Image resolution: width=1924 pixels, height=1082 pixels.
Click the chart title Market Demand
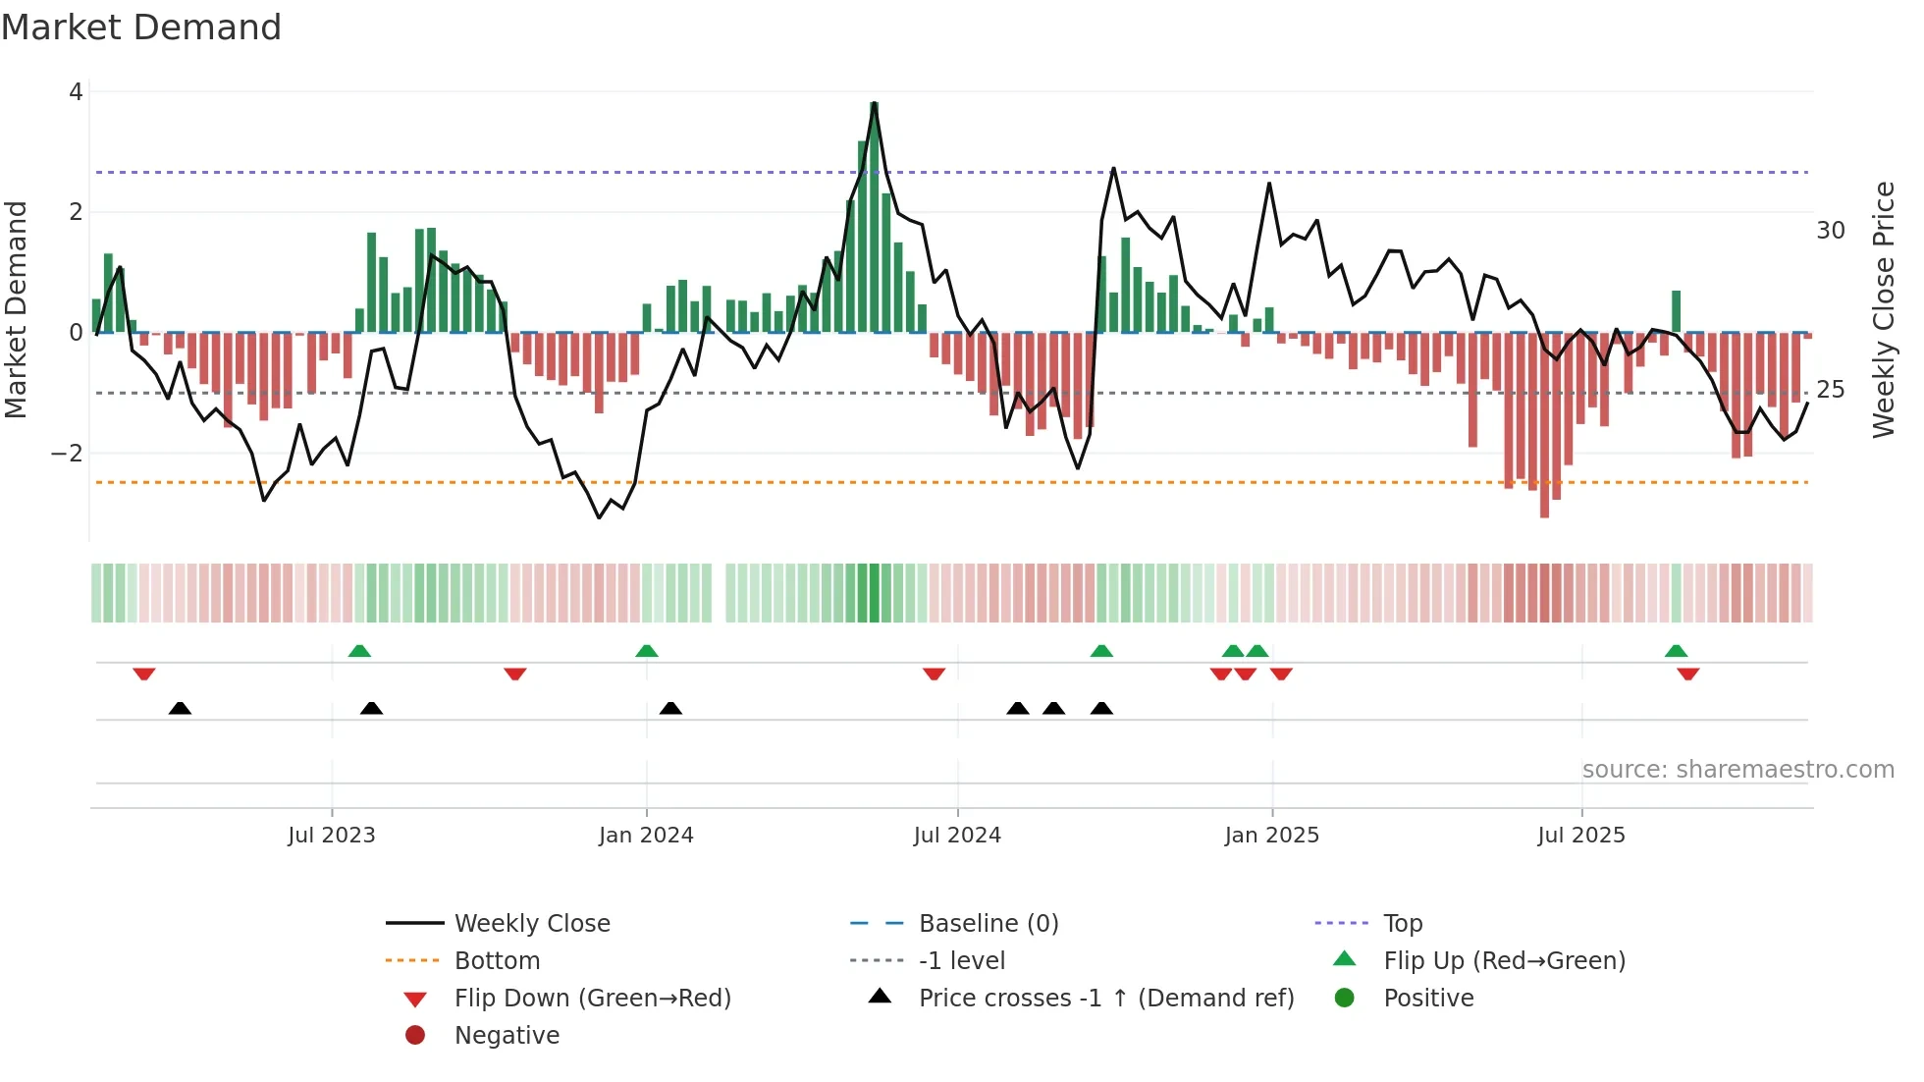[141, 27]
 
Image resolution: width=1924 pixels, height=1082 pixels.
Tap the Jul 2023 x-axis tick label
[331, 836]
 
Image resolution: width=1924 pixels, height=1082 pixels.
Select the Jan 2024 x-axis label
[646, 836]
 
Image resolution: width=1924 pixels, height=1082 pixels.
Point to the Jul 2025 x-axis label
[1580, 836]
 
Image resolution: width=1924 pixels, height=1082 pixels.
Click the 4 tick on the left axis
[76, 92]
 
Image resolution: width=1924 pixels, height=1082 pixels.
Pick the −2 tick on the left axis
[67, 454]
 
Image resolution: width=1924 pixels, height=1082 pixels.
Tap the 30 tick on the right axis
[1830, 231]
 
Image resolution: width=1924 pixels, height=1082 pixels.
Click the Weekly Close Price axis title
[1883, 309]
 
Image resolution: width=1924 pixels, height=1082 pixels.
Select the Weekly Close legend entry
[531, 924]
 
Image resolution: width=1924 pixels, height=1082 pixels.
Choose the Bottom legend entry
[497, 961]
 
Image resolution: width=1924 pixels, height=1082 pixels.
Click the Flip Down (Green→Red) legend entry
[592, 999]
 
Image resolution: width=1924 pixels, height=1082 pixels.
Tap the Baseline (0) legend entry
[988, 924]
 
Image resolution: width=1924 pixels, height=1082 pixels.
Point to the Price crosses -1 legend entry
[1105, 999]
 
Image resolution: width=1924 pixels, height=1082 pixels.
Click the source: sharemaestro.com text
[1737, 770]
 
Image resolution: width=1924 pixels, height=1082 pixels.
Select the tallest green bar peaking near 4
[874, 216]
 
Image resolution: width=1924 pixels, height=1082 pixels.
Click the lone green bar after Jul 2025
[1676, 311]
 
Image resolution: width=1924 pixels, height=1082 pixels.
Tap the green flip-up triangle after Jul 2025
[1676, 651]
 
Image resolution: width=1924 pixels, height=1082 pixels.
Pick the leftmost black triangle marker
[180, 708]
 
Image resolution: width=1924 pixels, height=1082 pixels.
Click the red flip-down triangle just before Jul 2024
[934, 674]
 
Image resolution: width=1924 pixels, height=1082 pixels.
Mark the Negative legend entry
[507, 1036]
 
